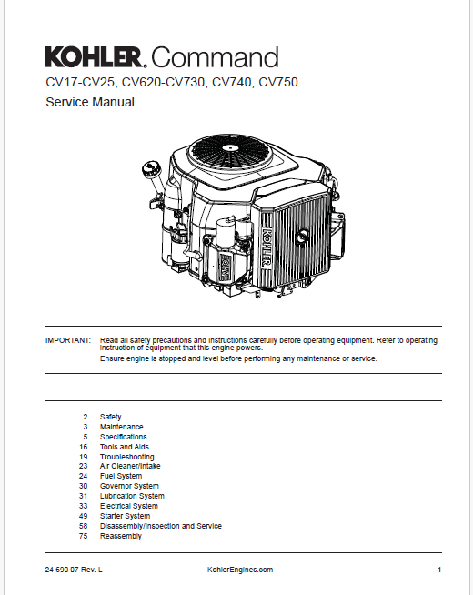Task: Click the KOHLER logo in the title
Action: [x=95, y=58]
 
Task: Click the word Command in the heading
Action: [x=215, y=58]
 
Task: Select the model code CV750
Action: [x=278, y=83]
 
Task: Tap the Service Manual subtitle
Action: [x=90, y=103]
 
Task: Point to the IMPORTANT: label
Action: [x=68, y=340]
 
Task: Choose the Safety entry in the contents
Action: [x=110, y=417]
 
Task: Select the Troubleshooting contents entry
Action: [x=126, y=457]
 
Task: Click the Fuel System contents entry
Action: [x=120, y=477]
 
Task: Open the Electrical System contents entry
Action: [x=128, y=507]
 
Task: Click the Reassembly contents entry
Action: [x=120, y=537]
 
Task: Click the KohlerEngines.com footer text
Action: [x=234, y=570]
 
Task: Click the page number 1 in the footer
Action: [x=438, y=570]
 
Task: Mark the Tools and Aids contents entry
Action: [x=124, y=447]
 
